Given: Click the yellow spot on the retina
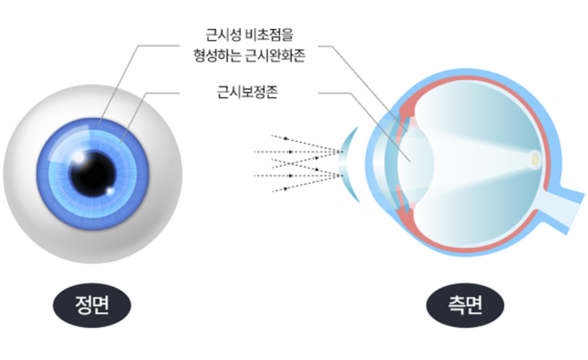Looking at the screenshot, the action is point(536,160).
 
